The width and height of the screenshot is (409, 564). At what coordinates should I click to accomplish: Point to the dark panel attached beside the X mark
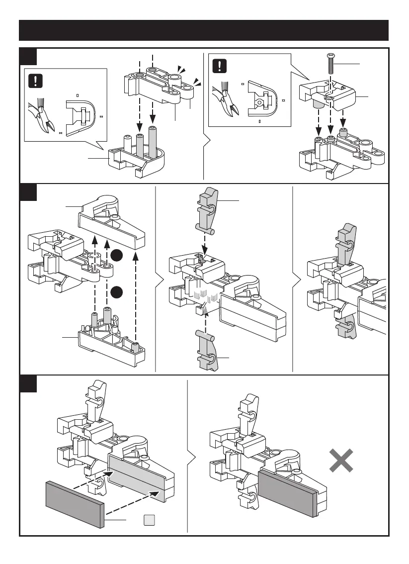coord(287,492)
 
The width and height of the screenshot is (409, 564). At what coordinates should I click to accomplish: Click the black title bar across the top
coord(204,30)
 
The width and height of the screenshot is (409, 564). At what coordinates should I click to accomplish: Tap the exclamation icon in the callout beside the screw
coord(219,66)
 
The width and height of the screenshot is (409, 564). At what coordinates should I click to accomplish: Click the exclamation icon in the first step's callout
coord(35,81)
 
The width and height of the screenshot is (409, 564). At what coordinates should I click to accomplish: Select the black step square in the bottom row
coord(28,383)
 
